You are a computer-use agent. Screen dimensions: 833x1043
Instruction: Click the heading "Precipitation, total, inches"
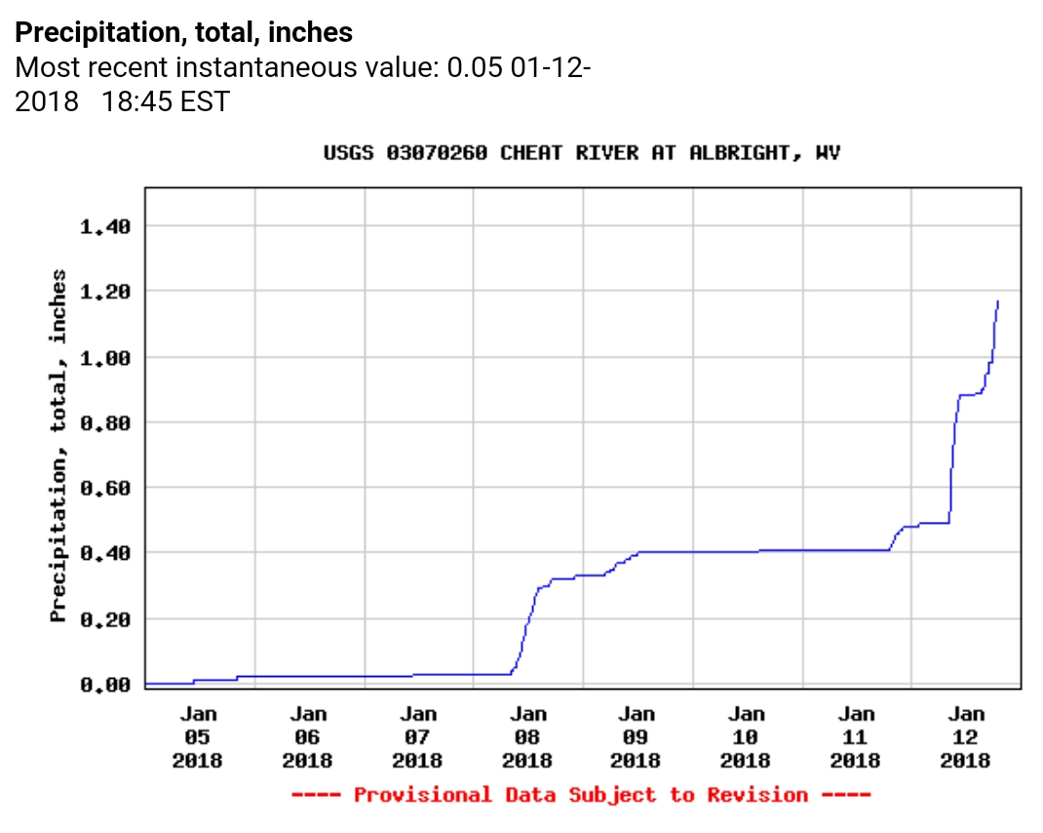[184, 32]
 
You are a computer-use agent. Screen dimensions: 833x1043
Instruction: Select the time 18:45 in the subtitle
[136, 101]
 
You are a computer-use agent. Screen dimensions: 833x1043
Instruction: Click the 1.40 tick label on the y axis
[104, 226]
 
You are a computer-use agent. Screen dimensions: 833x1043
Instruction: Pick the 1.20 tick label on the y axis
[104, 292]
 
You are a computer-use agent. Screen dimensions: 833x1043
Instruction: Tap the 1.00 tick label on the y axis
[104, 357]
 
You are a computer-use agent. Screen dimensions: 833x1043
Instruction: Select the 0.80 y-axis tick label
[104, 422]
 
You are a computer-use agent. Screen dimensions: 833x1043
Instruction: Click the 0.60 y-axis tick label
[104, 488]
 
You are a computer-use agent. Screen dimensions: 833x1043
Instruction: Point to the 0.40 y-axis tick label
[104, 553]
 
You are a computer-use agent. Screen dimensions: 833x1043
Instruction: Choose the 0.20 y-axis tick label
[104, 619]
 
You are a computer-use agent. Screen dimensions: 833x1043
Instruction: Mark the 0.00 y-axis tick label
[104, 685]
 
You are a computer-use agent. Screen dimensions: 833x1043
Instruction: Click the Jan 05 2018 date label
[198, 737]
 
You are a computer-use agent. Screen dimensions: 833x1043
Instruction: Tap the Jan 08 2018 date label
[527, 737]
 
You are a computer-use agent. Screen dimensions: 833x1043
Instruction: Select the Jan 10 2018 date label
[747, 737]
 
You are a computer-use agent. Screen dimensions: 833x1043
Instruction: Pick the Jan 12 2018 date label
[966, 737]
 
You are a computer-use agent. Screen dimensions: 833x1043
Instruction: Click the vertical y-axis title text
[58, 446]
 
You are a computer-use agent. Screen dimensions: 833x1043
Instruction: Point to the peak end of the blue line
[998, 301]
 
